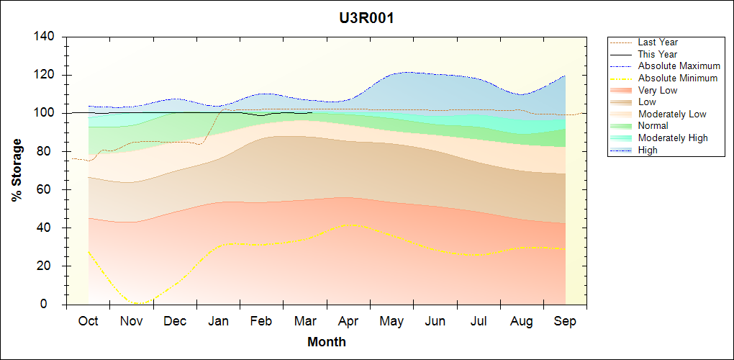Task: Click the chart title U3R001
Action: click(x=366, y=18)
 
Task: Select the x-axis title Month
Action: click(x=327, y=342)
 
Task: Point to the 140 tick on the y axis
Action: click(x=45, y=37)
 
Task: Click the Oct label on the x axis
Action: click(x=89, y=322)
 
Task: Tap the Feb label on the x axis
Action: click(x=261, y=322)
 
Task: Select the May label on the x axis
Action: click(x=391, y=322)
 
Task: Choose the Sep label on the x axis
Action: click(x=565, y=322)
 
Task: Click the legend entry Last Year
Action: click(x=658, y=42)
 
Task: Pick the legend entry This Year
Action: click(x=658, y=54)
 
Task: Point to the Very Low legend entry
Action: click(x=658, y=90)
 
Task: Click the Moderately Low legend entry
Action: click(x=672, y=114)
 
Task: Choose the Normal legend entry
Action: click(x=653, y=126)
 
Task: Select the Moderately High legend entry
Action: click(x=673, y=138)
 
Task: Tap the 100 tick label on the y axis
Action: click(x=45, y=113)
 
